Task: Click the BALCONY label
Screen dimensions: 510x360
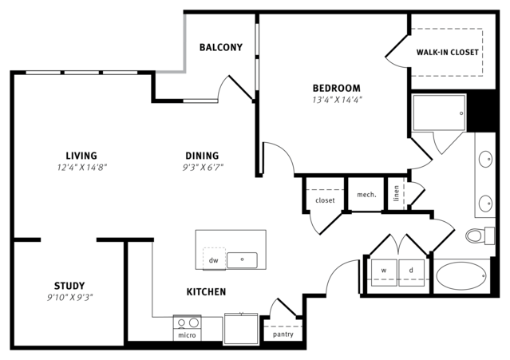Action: [x=221, y=47]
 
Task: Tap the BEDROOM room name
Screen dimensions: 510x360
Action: [x=337, y=88]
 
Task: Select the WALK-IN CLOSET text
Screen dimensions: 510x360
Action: [x=447, y=53]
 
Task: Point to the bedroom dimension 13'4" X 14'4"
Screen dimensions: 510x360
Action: [x=337, y=100]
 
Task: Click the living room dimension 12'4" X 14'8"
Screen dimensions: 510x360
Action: [x=82, y=168]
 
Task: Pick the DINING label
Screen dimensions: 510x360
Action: [x=202, y=156]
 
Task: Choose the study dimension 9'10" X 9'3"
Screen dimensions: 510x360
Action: [x=70, y=297]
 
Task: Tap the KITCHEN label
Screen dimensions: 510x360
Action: [x=206, y=291]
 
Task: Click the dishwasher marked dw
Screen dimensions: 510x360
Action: [x=214, y=259]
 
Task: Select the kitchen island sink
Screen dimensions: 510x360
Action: [x=242, y=260]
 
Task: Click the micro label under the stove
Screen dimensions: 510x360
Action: [x=187, y=335]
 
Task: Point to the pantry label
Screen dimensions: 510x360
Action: [x=283, y=334]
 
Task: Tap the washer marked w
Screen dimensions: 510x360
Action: [x=384, y=272]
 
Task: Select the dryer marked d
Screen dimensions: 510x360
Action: [x=412, y=272]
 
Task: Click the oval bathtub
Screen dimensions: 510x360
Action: [x=461, y=276]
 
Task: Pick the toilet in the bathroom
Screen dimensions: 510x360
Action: [x=480, y=235]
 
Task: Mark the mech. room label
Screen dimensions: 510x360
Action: [x=366, y=195]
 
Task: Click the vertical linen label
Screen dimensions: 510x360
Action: [x=396, y=193]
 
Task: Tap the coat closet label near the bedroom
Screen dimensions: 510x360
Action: [x=325, y=200]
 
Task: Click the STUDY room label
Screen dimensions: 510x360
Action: [x=69, y=286]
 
